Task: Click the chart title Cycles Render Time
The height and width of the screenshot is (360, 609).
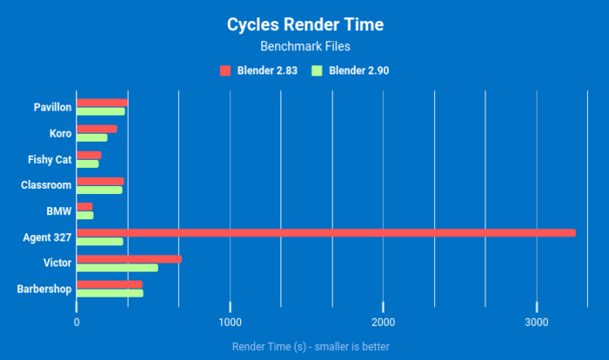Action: pyautogui.click(x=304, y=24)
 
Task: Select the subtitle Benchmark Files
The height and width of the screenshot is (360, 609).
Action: pyautogui.click(x=304, y=46)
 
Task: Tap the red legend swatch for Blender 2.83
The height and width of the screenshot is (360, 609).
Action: pyautogui.click(x=225, y=70)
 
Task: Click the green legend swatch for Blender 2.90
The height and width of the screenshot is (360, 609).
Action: pyautogui.click(x=317, y=70)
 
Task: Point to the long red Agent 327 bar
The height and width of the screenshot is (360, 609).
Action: pyautogui.click(x=326, y=232)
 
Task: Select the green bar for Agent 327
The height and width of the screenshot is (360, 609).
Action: pyautogui.click(x=100, y=241)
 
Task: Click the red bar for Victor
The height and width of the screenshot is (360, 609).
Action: pyautogui.click(x=129, y=258)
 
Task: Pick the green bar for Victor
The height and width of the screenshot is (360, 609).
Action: pyautogui.click(x=117, y=267)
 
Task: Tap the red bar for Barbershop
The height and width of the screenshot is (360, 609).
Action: pyautogui.click(x=109, y=284)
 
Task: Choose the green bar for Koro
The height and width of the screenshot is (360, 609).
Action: pyautogui.click(x=92, y=137)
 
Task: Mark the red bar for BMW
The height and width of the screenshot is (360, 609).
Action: pyautogui.click(x=84, y=206)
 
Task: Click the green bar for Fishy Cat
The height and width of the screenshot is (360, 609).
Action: pyautogui.click(x=88, y=163)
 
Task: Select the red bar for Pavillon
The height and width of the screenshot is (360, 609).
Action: pyautogui.click(x=102, y=103)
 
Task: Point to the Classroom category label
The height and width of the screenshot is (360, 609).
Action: pyautogui.click(x=46, y=184)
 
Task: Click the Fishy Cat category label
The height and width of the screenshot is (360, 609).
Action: pyautogui.click(x=50, y=159)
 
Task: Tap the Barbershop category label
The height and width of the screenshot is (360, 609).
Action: pyautogui.click(x=44, y=288)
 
